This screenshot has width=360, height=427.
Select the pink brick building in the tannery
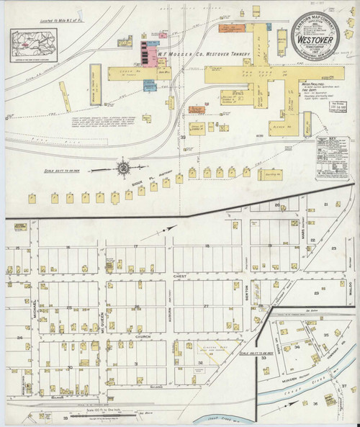click(x=152, y=53)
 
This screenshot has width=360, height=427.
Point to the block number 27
click(x=207, y=306)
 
